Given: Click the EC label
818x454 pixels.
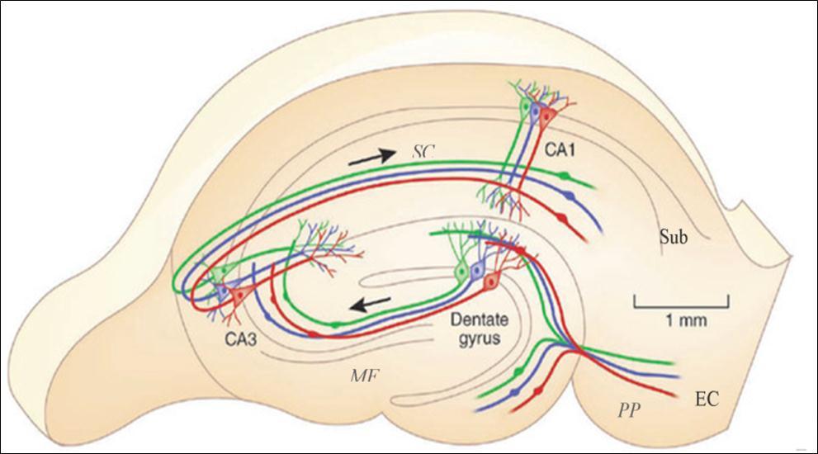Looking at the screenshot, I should pos(707,400).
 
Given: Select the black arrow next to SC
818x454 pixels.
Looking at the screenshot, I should pos(371,158).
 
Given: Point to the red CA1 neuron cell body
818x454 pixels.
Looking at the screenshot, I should pos(546,119).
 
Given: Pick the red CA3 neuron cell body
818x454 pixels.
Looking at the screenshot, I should pos(238,295).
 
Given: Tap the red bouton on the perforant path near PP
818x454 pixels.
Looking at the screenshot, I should pos(539,388).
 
